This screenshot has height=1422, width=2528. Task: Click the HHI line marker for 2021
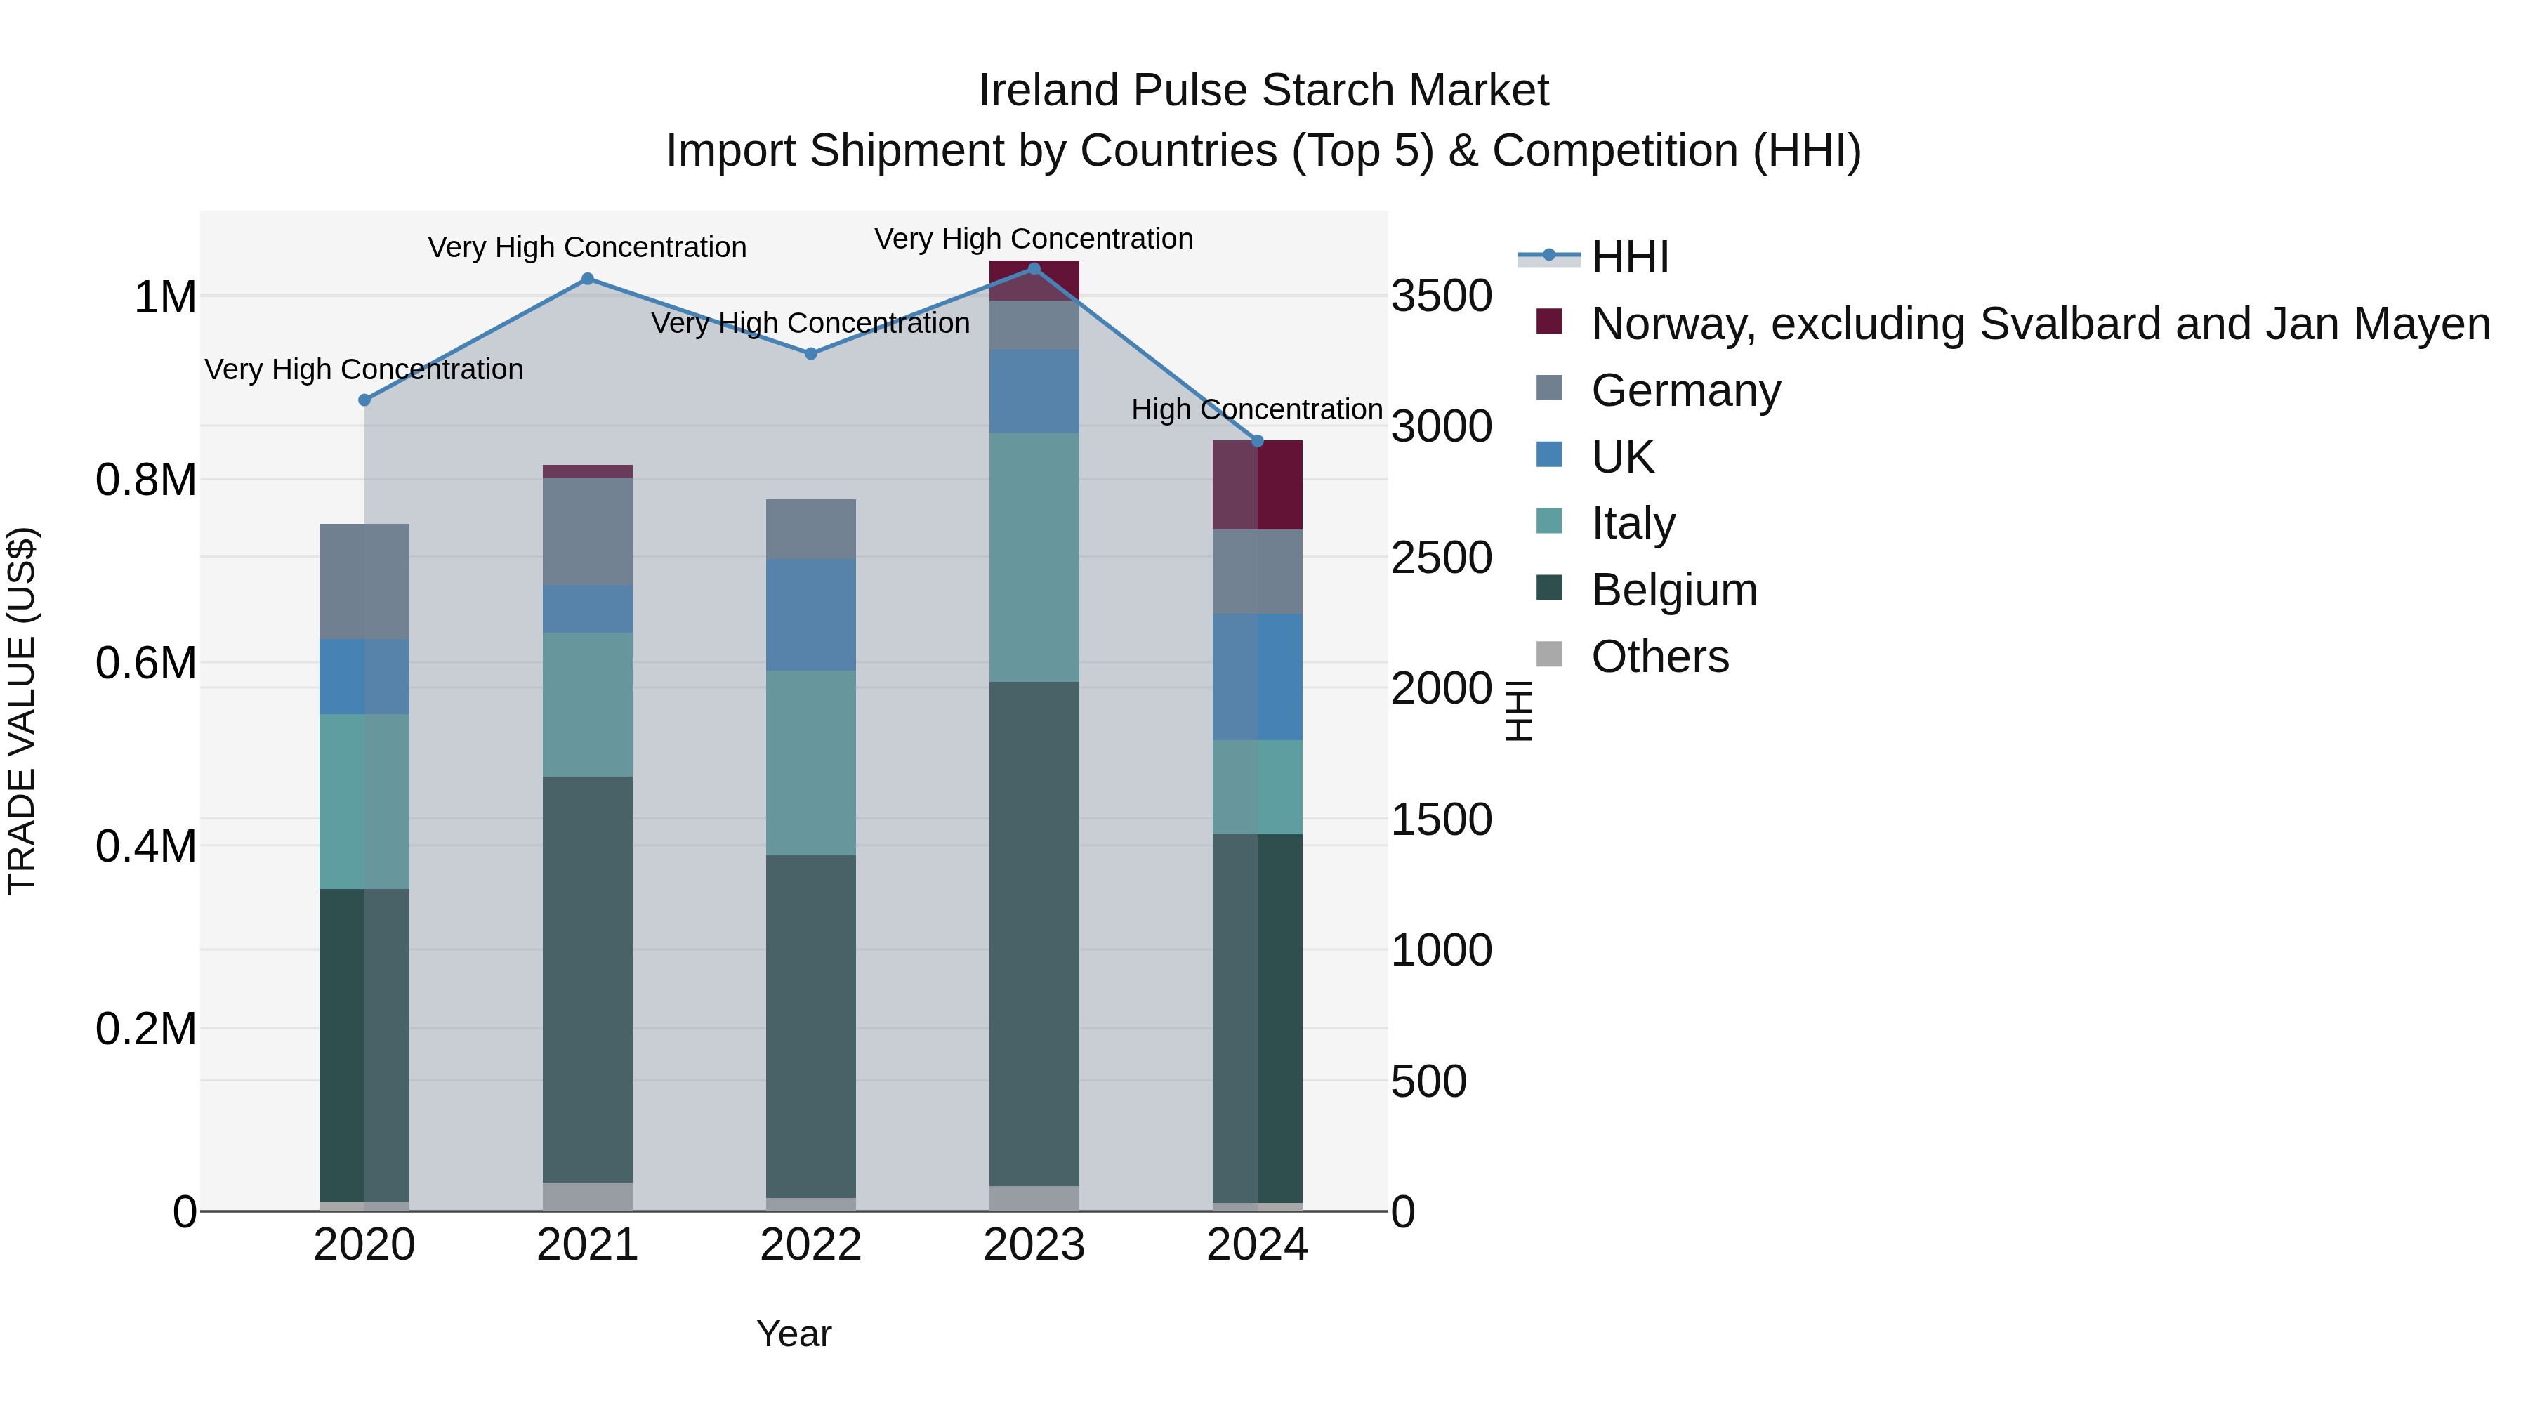(x=587, y=279)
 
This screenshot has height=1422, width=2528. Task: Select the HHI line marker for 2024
(x=1257, y=442)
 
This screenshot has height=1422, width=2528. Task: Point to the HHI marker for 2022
(x=810, y=353)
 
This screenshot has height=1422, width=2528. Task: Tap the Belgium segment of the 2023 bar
(x=1034, y=933)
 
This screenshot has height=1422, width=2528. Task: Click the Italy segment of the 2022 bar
(x=810, y=763)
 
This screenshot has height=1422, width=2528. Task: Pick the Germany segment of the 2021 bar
(x=587, y=531)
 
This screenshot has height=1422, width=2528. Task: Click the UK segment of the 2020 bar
(x=364, y=676)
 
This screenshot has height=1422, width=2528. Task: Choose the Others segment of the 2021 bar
(x=587, y=1197)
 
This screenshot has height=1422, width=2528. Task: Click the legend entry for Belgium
(x=1673, y=590)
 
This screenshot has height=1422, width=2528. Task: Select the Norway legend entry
(x=2039, y=324)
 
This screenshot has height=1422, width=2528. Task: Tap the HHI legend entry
(x=1629, y=257)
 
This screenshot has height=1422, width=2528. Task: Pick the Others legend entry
(x=1659, y=657)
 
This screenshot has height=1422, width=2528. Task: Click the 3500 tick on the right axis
(x=1441, y=296)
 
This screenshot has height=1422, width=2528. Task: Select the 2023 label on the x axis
(x=1034, y=1245)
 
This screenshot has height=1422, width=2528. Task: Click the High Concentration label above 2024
(x=1256, y=409)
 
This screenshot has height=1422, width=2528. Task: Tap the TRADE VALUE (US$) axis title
(x=22, y=711)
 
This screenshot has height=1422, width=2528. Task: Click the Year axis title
(x=793, y=1334)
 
